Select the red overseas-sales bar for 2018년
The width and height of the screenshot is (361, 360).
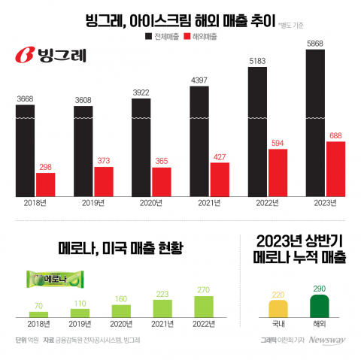coord(46,184)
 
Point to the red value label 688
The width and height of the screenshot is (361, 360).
coord(335,136)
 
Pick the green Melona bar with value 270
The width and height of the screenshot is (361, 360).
coord(205,305)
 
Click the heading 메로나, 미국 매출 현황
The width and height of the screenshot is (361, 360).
coord(120,248)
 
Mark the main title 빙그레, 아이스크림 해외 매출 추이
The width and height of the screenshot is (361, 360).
coord(166,17)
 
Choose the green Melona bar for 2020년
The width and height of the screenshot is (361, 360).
coord(121,310)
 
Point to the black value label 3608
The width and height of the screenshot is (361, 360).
coord(83,100)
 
